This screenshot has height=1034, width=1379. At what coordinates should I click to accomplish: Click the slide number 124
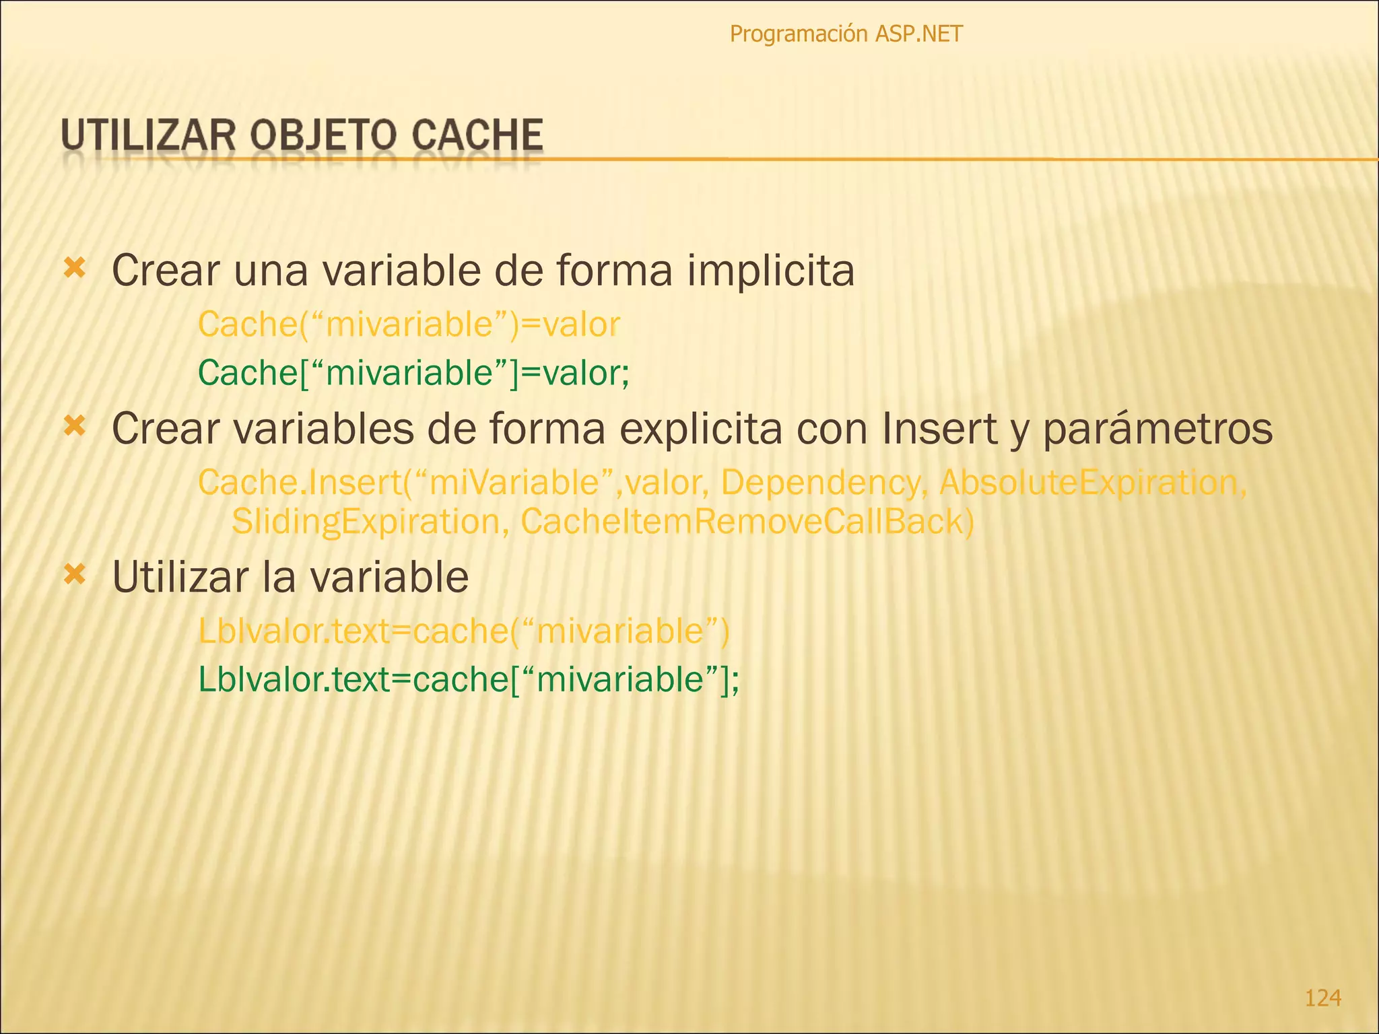(x=1322, y=997)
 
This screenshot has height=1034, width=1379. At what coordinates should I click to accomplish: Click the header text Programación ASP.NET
(x=846, y=34)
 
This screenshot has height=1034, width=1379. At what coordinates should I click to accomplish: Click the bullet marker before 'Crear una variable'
(x=74, y=269)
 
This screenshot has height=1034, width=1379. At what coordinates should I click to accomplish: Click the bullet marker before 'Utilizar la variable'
(x=74, y=575)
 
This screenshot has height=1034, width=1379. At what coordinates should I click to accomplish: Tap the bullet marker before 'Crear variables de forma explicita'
(x=74, y=425)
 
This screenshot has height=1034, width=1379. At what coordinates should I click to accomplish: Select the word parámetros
(x=1157, y=429)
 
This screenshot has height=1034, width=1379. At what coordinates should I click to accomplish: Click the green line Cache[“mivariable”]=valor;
(x=413, y=372)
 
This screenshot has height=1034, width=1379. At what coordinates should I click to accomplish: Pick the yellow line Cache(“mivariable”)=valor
(x=409, y=324)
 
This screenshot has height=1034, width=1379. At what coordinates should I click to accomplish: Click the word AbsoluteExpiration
(x=1092, y=483)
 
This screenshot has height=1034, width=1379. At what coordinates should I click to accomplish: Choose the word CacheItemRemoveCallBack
(x=746, y=522)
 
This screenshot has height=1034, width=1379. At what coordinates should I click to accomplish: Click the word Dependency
(x=820, y=483)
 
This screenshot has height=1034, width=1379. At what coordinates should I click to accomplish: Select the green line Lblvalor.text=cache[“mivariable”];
(x=469, y=679)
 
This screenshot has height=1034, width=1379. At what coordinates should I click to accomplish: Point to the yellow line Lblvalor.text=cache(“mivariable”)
(x=464, y=631)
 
